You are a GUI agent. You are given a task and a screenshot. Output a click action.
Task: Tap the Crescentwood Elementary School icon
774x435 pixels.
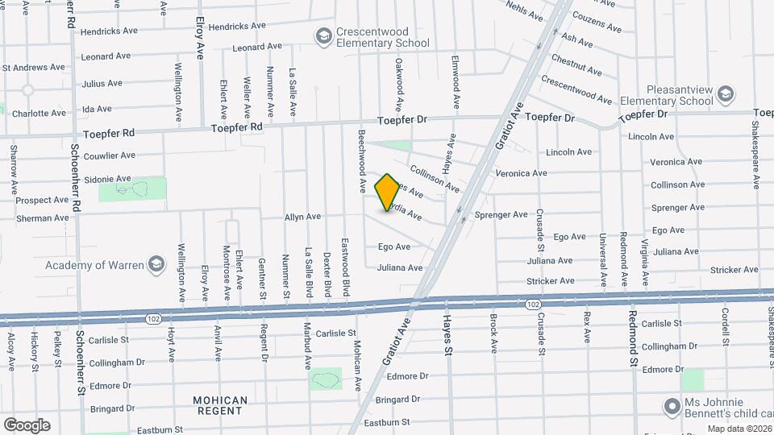coord(323,36)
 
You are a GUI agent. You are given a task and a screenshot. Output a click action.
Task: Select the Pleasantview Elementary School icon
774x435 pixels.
coord(726,95)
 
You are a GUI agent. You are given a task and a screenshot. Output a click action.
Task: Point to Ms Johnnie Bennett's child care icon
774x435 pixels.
coord(671,404)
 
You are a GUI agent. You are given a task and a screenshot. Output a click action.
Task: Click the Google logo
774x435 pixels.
coord(26,425)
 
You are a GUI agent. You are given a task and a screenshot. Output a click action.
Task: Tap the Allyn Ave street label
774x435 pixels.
coord(302,217)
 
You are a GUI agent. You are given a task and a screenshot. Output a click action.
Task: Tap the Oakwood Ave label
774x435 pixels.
coord(398,84)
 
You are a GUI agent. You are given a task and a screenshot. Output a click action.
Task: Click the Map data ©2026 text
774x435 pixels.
coord(739,429)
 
